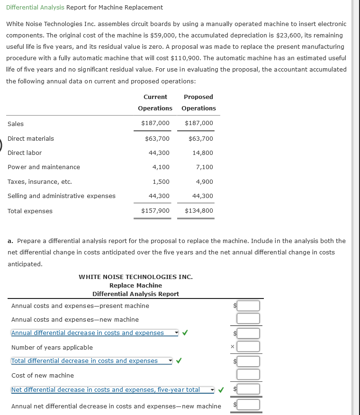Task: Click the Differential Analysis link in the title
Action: (35, 8)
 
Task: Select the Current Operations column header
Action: (155, 102)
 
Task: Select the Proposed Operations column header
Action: (198, 102)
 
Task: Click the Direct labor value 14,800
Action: (203, 153)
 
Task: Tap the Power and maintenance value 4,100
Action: (161, 167)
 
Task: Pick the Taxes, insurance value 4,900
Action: (204, 181)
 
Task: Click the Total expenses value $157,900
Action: (155, 210)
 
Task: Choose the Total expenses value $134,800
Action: (199, 210)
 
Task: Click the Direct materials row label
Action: (31, 138)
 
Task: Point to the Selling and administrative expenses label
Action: (62, 196)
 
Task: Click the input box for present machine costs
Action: (249, 306)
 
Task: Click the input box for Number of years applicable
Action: (249, 347)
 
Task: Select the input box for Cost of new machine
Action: (249, 375)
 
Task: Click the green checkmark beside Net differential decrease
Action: (220, 390)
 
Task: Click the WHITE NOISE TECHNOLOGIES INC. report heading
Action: (135, 277)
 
